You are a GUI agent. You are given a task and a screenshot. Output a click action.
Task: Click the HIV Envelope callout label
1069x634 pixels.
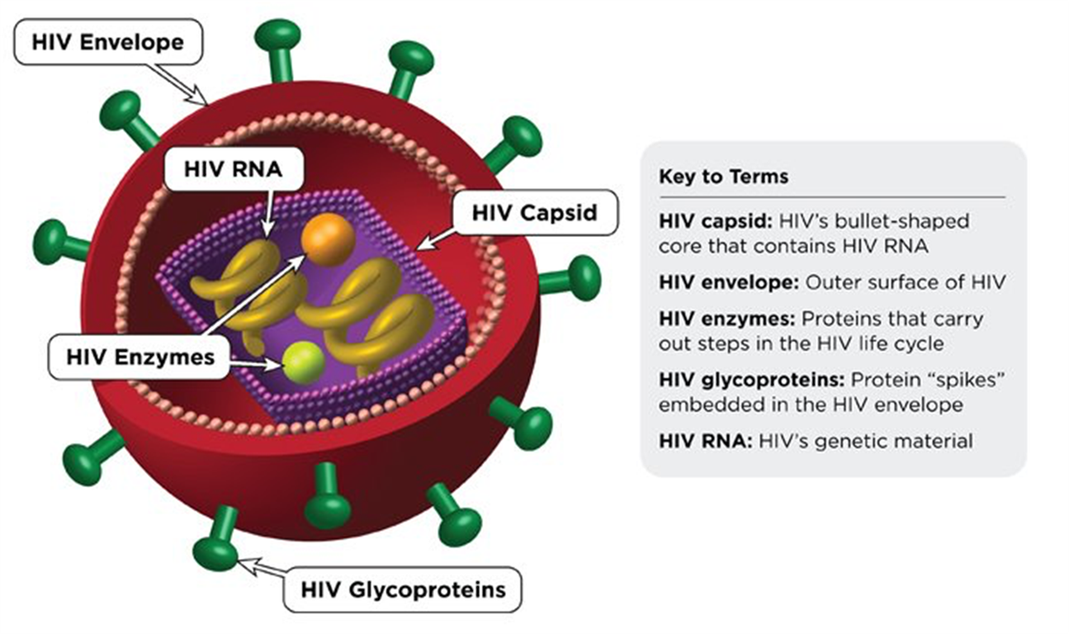108,42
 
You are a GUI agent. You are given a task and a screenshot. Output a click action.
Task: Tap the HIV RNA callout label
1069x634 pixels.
234,169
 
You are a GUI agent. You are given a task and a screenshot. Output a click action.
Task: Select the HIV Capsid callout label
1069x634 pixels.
535,212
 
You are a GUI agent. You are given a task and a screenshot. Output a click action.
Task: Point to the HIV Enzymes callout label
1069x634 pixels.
140,357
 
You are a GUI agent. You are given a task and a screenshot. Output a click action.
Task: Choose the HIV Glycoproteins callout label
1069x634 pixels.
403,589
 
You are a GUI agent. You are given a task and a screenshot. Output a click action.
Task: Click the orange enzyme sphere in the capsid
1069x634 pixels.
328,239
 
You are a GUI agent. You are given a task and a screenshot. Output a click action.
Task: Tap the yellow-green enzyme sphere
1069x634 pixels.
304,362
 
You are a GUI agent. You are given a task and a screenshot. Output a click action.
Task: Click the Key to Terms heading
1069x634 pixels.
723,177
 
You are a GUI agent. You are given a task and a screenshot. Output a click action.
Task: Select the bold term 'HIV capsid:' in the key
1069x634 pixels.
716,221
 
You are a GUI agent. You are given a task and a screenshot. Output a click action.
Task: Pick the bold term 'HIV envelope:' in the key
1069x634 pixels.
729,282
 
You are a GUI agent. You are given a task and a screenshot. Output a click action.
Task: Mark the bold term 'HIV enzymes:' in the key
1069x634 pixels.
726,319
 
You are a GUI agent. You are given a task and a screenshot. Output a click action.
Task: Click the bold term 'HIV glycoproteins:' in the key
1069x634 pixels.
752,380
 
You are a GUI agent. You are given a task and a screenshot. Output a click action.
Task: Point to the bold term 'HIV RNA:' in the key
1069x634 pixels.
705,441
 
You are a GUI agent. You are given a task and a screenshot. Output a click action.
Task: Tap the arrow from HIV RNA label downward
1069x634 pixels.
268,213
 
